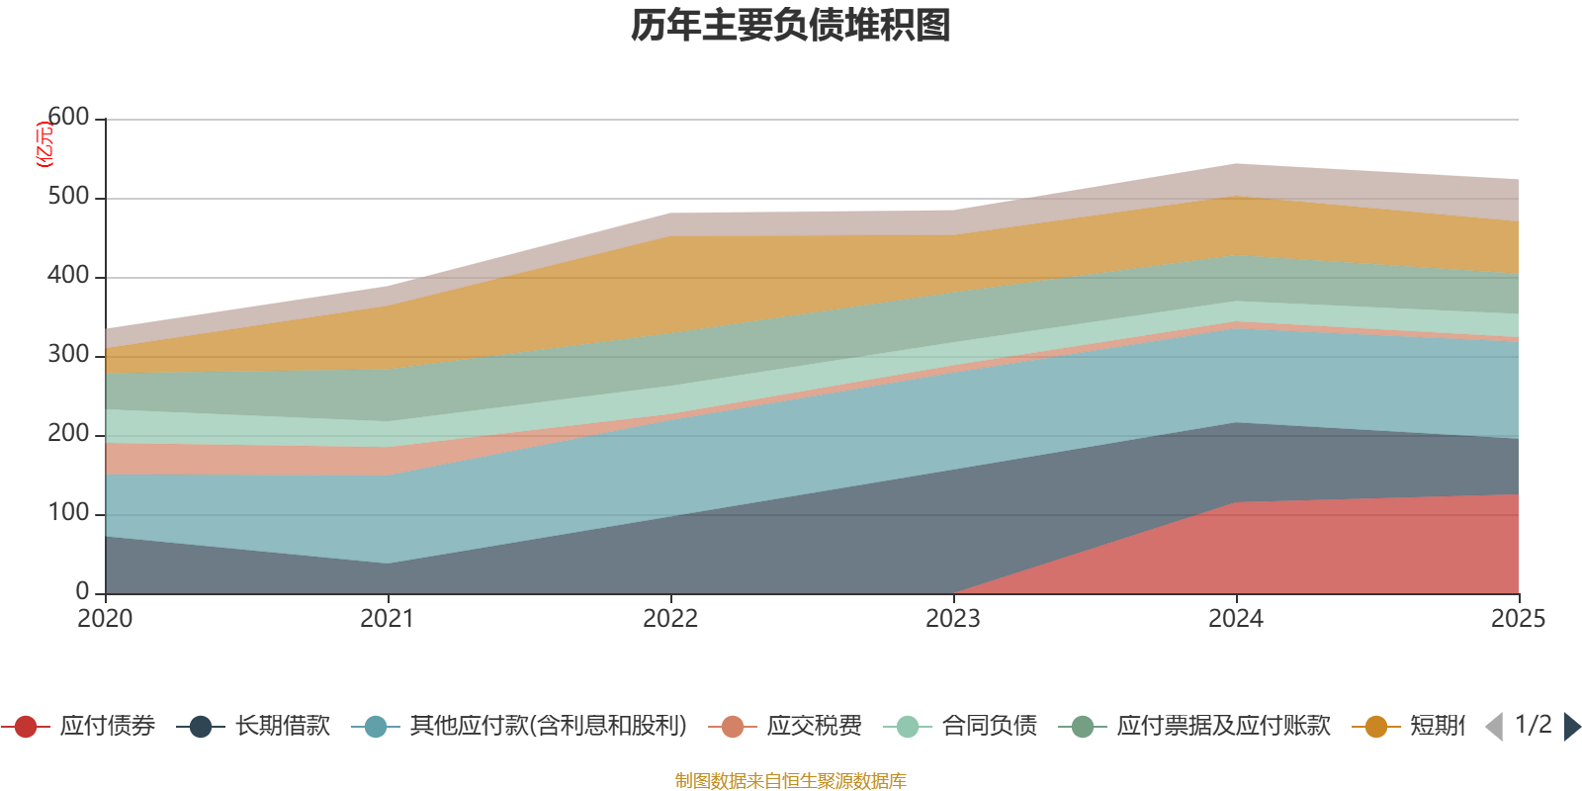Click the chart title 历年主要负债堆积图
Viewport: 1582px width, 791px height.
click(x=791, y=26)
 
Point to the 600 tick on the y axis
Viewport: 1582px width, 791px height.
click(x=68, y=118)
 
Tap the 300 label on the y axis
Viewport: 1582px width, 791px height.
click(x=68, y=355)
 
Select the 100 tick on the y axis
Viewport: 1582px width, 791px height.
click(x=68, y=513)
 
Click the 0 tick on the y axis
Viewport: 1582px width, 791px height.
click(x=83, y=591)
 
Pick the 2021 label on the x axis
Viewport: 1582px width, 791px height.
click(x=388, y=619)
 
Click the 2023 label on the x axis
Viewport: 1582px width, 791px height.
click(x=953, y=619)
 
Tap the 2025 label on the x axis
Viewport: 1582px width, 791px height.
click(x=1518, y=619)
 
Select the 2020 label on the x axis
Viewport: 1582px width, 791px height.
click(x=105, y=619)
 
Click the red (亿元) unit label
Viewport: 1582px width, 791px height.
click(x=44, y=144)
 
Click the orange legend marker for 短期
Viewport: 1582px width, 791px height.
click(x=1376, y=727)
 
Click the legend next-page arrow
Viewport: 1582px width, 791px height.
click(x=1571, y=727)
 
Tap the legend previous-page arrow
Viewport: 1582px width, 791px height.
click(x=1494, y=727)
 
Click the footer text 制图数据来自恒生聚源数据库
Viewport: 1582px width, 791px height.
click(x=791, y=781)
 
